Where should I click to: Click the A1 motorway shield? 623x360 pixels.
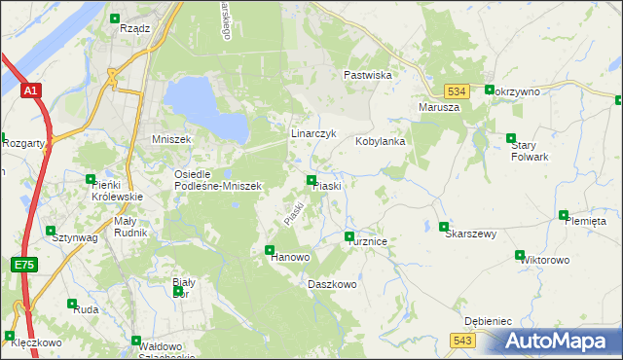(31, 91)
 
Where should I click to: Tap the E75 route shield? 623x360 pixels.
(24, 265)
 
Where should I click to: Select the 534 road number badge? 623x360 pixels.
(459, 90)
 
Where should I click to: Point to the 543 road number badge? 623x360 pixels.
(461, 340)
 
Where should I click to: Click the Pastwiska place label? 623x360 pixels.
(368, 75)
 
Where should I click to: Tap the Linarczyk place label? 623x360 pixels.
(313, 133)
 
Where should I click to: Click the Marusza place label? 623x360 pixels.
(438, 107)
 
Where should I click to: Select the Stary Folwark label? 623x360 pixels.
(530, 150)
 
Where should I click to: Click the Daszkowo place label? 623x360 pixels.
(332, 284)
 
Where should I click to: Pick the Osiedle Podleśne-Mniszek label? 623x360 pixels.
(216, 180)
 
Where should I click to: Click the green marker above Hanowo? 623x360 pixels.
(270, 250)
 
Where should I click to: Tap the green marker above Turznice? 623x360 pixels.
(349, 236)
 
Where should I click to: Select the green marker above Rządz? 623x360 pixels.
(116, 18)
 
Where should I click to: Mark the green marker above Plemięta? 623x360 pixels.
(563, 215)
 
